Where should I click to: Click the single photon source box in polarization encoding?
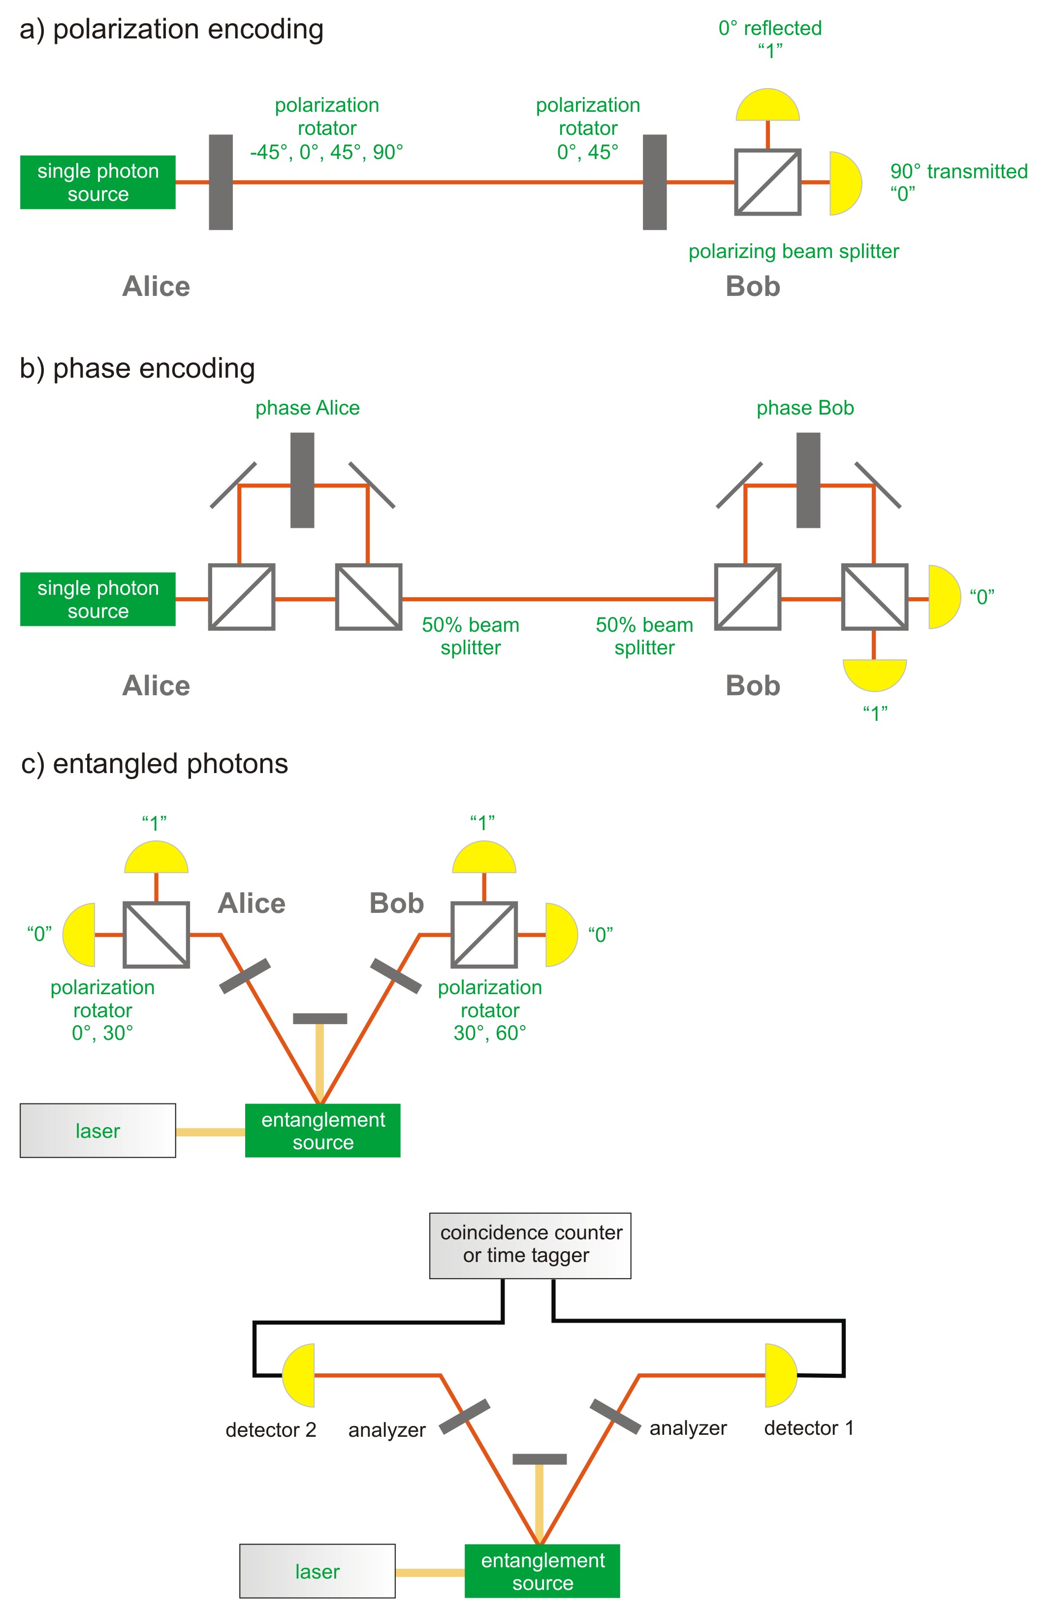98,182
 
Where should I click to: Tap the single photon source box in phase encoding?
98,599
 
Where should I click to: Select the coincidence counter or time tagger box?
530,1245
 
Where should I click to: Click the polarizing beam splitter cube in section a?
768,182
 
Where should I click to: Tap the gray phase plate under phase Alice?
302,481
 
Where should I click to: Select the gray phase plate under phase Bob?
808,481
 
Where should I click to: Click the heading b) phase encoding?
137,368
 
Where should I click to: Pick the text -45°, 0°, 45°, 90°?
327,152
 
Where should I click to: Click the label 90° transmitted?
958,171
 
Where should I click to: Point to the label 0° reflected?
770,29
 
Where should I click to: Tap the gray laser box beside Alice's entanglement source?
98,1131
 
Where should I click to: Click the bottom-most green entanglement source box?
542,1571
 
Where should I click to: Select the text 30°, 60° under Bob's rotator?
490,1033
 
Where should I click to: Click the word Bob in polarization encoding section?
753,286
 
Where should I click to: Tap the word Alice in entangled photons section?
252,903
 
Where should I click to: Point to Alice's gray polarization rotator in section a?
221,182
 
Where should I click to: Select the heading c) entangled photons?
155,764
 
